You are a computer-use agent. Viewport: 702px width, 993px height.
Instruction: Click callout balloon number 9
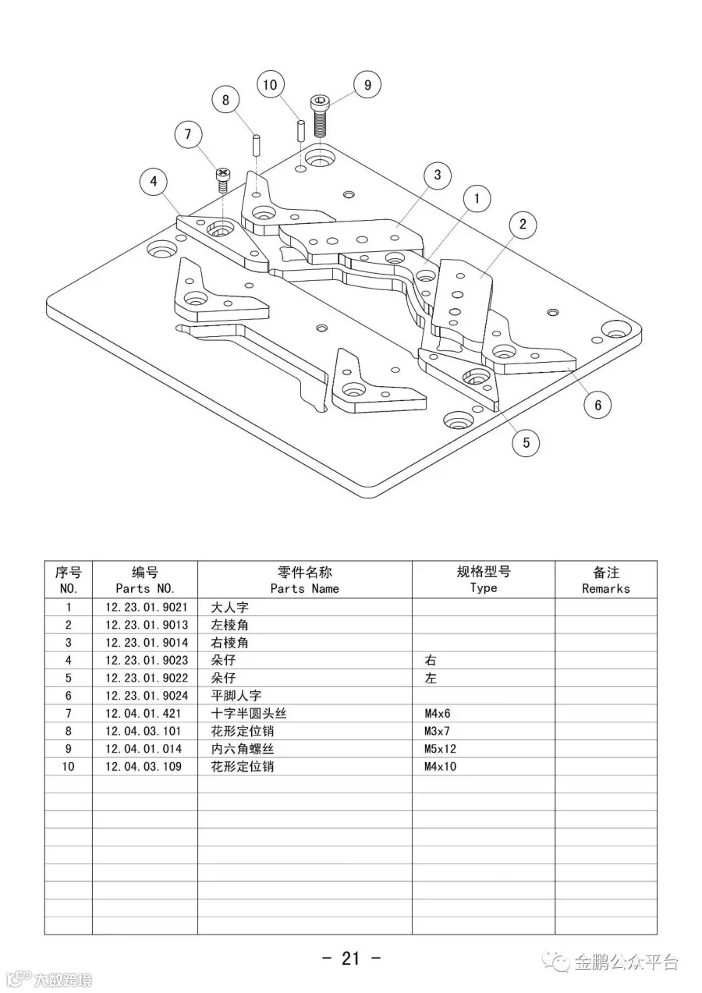coord(367,84)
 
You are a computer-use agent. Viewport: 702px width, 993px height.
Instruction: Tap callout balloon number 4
coord(154,182)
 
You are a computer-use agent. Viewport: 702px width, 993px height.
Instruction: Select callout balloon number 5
coord(526,442)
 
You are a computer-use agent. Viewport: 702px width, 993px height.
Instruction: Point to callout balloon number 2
coord(523,225)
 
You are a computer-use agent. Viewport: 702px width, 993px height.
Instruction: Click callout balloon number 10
coord(270,84)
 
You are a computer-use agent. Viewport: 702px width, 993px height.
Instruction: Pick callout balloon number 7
coord(188,134)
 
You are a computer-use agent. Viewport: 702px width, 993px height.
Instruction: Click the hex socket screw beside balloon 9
coord(319,115)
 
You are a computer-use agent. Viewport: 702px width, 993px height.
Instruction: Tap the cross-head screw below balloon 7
coord(223,180)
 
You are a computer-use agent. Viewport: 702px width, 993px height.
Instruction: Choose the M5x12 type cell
coord(440,749)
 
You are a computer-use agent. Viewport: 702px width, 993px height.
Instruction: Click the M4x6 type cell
coord(437,714)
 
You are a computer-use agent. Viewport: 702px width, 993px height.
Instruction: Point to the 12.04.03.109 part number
coord(144,767)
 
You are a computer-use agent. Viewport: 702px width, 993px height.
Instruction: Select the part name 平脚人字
coord(236,696)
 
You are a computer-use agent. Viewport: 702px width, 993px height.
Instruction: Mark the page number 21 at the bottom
coord(350,958)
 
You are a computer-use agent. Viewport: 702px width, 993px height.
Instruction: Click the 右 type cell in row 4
coord(431,660)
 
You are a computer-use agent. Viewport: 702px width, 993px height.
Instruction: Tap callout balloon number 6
coord(598,404)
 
